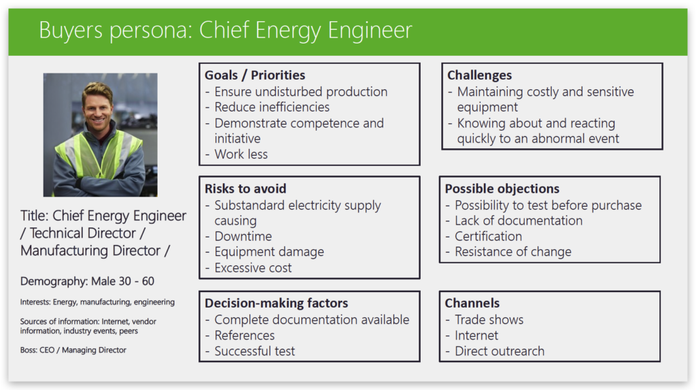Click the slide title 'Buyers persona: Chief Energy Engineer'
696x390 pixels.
coord(226,31)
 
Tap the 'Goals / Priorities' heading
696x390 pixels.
coord(255,75)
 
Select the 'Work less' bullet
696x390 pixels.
coord(241,155)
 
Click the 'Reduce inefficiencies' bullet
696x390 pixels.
coord(272,107)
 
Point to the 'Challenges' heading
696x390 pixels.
coord(479,75)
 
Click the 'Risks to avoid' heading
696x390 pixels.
coord(245,189)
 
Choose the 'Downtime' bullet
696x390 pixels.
coord(243,236)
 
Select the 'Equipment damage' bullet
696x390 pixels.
coord(269,252)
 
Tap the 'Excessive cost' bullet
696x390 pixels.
coord(253,267)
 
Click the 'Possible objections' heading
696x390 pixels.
coord(502,189)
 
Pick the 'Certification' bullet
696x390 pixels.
coord(488,236)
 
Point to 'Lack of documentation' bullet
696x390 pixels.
coord(519,221)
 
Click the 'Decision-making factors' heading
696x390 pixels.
coord(276,303)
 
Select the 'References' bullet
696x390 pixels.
coord(245,336)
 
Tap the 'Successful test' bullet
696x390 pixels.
coord(255,351)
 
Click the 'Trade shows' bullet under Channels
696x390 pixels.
coord(489,320)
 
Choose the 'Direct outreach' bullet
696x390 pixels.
coord(500,351)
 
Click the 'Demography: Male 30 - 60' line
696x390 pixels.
coord(87,281)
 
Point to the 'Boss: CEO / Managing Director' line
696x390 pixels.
coord(73,350)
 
